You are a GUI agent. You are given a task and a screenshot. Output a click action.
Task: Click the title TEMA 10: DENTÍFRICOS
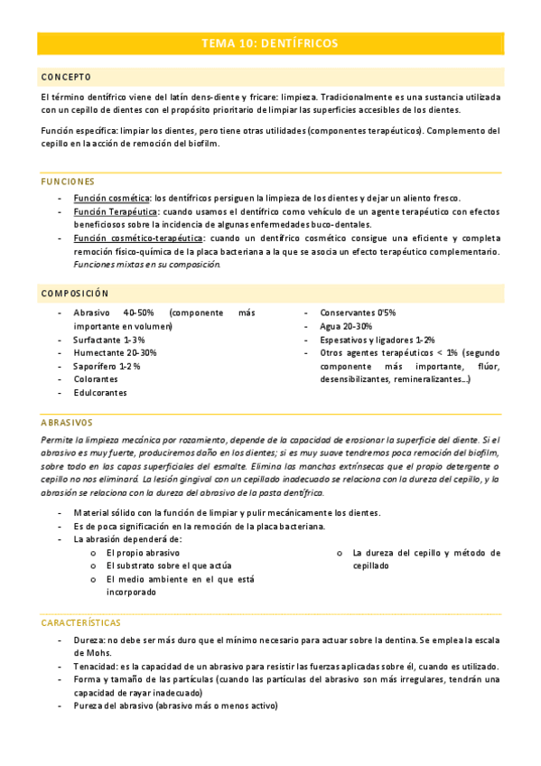pos(270,43)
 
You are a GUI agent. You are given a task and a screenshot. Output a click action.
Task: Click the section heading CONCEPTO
pos(66,77)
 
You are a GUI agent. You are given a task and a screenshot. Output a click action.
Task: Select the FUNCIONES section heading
pos(68,182)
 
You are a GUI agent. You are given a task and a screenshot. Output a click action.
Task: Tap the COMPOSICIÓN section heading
pos(75,294)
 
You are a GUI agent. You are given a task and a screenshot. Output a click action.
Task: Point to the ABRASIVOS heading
pos(67,422)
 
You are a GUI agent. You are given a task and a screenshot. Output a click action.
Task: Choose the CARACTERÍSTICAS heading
pos(81,623)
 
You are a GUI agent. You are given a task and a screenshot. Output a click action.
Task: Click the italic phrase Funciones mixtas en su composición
pos(146,265)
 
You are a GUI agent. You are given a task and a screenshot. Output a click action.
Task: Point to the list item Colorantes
pos(96,380)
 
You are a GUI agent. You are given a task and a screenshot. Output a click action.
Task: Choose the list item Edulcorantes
pos(100,394)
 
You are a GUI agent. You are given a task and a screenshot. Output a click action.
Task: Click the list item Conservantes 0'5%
pos(358,313)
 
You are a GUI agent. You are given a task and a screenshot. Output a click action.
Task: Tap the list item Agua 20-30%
pos(346,326)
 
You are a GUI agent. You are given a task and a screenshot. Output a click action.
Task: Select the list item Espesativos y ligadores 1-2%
pos(378,340)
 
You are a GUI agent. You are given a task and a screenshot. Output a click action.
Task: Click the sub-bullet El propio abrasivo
pos(143,552)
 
